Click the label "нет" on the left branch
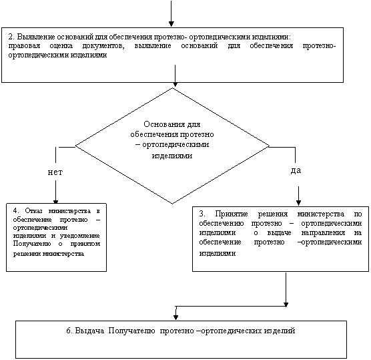[x=55, y=172]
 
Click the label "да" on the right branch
[x=296, y=170]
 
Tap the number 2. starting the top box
[x=11, y=37]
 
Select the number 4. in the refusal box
[x=16, y=210]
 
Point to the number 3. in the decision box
[x=202, y=214]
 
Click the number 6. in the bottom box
[x=69, y=331]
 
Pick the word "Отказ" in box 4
[x=33, y=210]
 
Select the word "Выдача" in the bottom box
[x=89, y=331]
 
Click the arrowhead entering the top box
[x=171, y=24]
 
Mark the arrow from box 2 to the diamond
[x=175, y=75]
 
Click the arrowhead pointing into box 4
[x=55, y=202]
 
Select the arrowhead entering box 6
[x=175, y=317]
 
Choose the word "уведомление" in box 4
[x=79, y=236]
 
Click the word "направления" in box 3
[x=323, y=233]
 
